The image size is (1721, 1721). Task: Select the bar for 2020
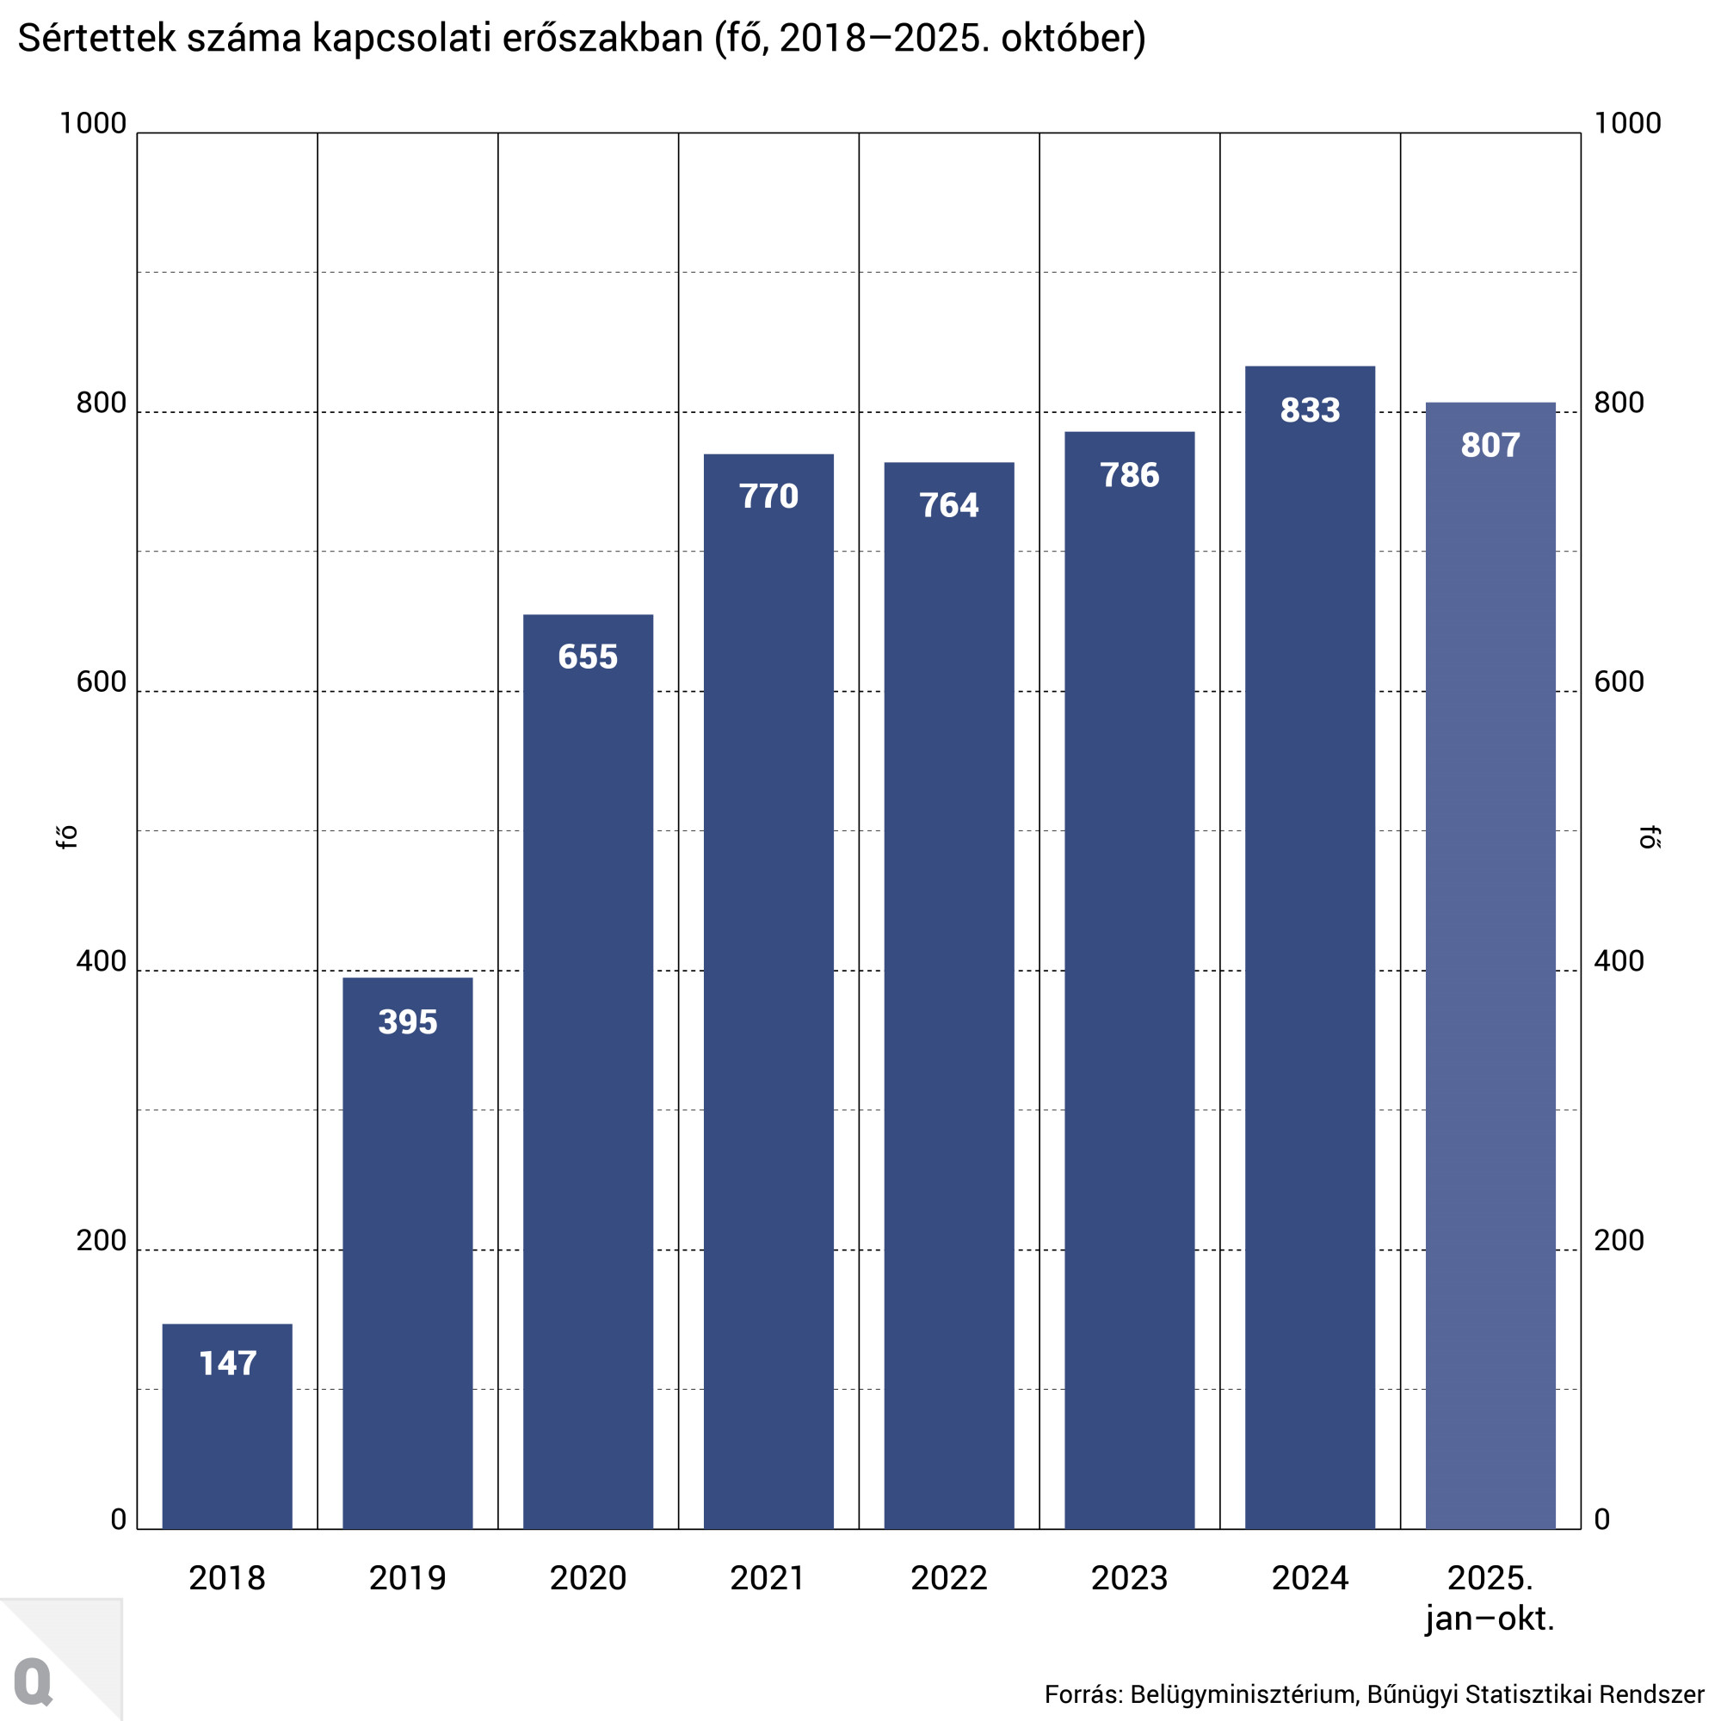tap(588, 1069)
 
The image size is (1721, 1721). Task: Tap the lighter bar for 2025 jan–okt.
tap(1490, 980)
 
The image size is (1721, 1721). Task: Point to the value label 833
tap(1310, 410)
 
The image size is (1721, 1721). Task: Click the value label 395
tap(407, 1021)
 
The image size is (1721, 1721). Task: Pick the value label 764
tap(948, 505)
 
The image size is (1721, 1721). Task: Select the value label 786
tap(1130, 475)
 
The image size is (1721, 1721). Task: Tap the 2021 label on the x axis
tap(768, 1577)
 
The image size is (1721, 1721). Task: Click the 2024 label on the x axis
tap(1310, 1577)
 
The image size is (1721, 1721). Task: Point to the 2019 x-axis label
tap(407, 1577)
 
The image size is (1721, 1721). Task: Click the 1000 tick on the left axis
tap(93, 123)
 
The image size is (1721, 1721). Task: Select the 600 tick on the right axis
tap(1619, 682)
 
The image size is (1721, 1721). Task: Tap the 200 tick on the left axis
tap(101, 1240)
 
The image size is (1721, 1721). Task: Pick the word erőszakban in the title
tap(602, 39)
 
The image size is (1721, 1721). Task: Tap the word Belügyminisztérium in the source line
tap(1242, 1693)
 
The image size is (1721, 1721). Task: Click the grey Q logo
tap(34, 1680)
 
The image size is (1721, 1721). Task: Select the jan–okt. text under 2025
tap(1490, 1618)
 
